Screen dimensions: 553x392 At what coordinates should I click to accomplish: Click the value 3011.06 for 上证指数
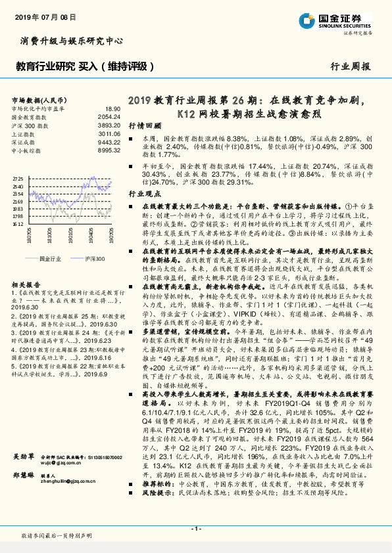[110, 133]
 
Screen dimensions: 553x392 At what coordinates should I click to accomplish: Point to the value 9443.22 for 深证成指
[110, 141]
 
